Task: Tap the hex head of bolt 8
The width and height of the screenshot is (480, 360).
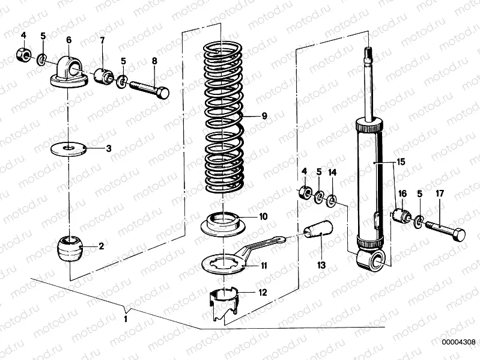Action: pyautogui.click(x=163, y=92)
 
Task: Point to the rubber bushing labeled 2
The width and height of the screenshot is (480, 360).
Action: pyautogui.click(x=70, y=248)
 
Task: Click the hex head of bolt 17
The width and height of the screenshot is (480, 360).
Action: pyautogui.click(x=459, y=234)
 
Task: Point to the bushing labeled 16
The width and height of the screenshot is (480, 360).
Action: pyautogui.click(x=401, y=216)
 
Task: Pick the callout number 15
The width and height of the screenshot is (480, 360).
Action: pyautogui.click(x=401, y=162)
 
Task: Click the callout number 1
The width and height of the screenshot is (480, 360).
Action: pyautogui.click(x=126, y=319)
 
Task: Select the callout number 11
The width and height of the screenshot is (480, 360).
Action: pyautogui.click(x=264, y=266)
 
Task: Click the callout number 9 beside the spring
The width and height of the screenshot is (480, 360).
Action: pyautogui.click(x=264, y=116)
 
